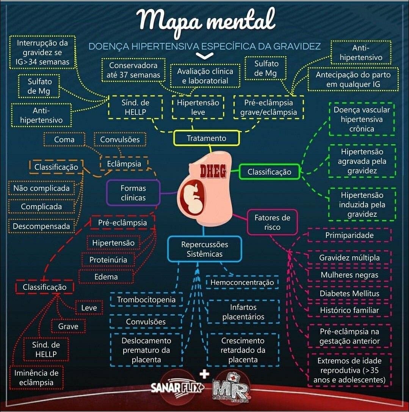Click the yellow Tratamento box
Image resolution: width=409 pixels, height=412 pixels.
[x=207, y=138]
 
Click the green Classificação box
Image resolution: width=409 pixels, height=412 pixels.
[x=269, y=172]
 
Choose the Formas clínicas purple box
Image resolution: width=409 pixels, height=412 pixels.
[x=133, y=193]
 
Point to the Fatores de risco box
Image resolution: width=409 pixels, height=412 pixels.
[x=272, y=222]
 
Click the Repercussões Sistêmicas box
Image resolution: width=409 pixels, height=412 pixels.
[x=204, y=249]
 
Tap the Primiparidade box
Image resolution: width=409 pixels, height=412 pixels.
[x=349, y=235]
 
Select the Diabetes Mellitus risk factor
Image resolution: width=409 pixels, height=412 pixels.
[x=349, y=293]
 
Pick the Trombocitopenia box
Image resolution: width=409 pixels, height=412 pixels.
[x=146, y=300]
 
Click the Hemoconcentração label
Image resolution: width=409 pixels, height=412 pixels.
[x=242, y=282]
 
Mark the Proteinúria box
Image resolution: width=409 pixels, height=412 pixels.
[x=108, y=260]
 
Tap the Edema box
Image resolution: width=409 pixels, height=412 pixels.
[x=106, y=277]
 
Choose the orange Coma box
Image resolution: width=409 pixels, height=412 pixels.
[x=64, y=139]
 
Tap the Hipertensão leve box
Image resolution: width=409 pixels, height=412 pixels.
[x=198, y=107]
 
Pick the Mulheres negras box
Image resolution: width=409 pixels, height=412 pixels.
[x=349, y=275]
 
